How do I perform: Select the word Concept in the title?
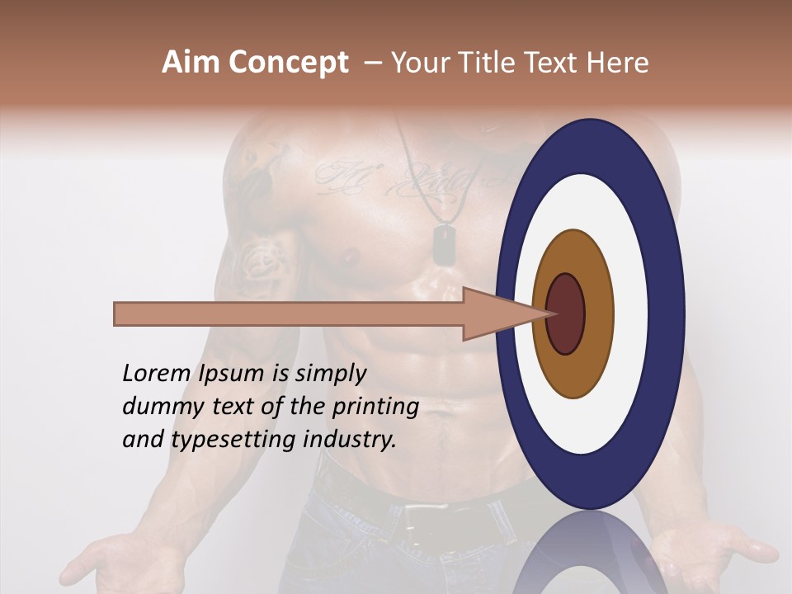288,64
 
